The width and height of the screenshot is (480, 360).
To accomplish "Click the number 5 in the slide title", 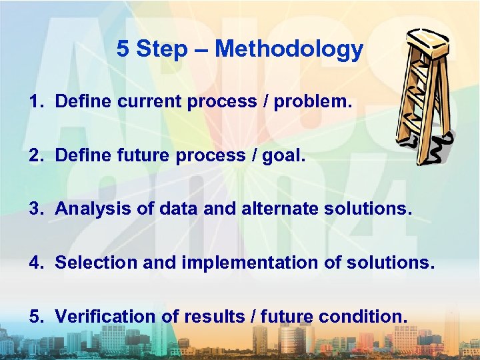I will [123, 49].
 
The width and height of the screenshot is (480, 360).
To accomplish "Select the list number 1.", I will [34, 102].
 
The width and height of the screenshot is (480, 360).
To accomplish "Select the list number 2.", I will [34, 155].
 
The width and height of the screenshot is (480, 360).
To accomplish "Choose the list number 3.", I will [34, 209].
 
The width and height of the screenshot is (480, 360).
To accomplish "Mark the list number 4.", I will [34, 263].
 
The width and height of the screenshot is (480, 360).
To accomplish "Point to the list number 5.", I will [34, 316].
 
